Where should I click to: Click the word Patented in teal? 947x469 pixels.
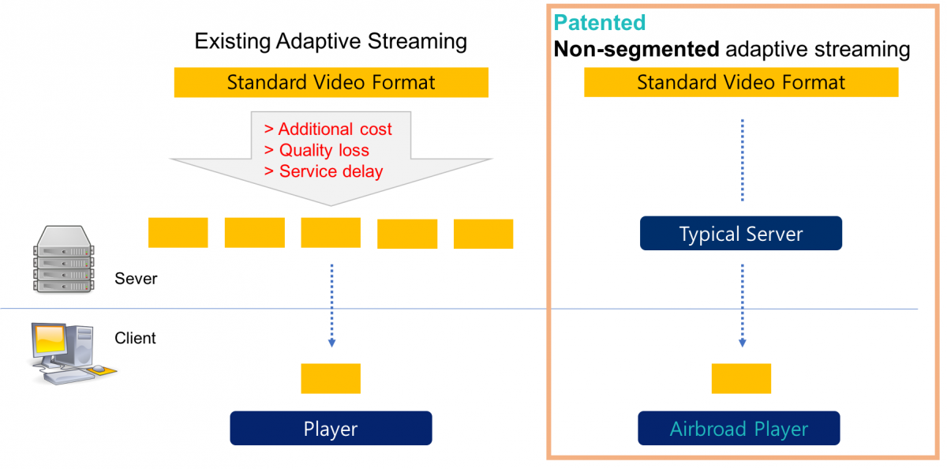point(600,22)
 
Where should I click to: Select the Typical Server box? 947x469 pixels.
point(741,233)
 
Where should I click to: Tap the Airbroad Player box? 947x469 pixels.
point(739,428)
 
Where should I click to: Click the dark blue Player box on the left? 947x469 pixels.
point(331,428)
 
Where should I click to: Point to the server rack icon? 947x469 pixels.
point(63,259)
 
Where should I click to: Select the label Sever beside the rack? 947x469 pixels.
point(136,279)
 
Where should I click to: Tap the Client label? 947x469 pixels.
point(135,338)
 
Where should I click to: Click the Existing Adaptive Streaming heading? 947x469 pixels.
point(331,41)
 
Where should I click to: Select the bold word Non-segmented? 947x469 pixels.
point(636,49)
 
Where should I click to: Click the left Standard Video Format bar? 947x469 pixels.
point(331,82)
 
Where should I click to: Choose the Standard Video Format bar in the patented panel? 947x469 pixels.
point(741,82)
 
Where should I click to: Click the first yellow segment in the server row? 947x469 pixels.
point(178,233)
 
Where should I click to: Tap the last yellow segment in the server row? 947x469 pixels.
point(483,234)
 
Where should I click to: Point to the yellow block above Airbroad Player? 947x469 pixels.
point(741,378)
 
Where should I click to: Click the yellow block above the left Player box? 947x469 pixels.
point(331,378)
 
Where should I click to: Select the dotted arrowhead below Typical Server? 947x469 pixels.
point(743,343)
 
